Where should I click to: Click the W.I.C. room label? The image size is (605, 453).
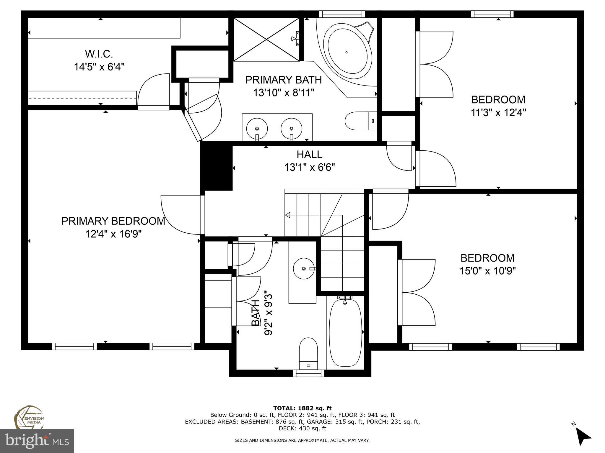point(99,54)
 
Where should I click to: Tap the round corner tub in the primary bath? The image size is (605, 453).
point(346,52)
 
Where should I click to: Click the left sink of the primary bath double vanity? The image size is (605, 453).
point(257,129)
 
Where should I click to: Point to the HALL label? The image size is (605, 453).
point(309,154)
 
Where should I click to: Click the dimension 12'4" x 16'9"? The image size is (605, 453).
point(113,234)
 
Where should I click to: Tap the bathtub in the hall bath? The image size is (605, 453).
point(345,332)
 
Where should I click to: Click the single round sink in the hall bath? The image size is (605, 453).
point(304,268)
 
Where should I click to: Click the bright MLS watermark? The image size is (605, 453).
point(37,441)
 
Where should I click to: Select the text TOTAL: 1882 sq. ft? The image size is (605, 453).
point(302,408)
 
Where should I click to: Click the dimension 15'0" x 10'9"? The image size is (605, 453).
point(487,271)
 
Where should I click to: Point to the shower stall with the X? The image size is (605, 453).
point(266,39)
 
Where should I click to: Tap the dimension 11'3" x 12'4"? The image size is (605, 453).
point(498,112)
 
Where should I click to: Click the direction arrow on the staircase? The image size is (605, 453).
point(287,215)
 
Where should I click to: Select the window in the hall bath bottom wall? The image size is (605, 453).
point(308,373)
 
